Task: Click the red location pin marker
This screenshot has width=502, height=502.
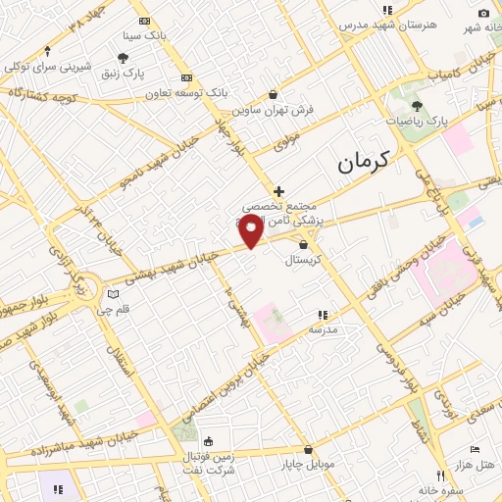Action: [252, 231]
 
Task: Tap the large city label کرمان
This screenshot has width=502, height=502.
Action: [363, 160]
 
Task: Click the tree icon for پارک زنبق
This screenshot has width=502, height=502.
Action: [123, 58]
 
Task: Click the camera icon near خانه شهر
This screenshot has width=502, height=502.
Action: [483, 13]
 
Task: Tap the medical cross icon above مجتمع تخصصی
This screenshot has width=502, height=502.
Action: [279, 191]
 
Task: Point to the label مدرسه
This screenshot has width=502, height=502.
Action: [324, 329]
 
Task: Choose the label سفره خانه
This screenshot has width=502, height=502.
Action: [438, 489]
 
